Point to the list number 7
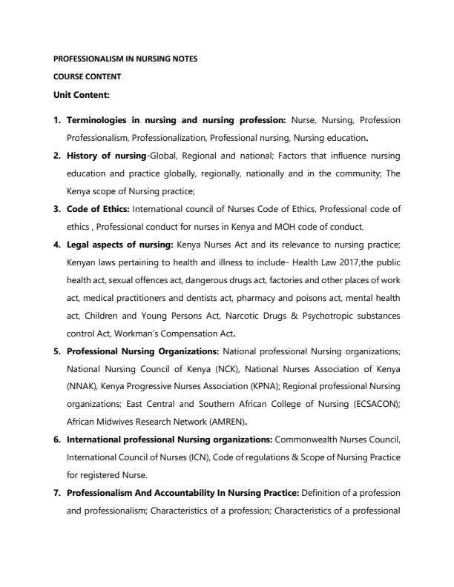tap(58, 493)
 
